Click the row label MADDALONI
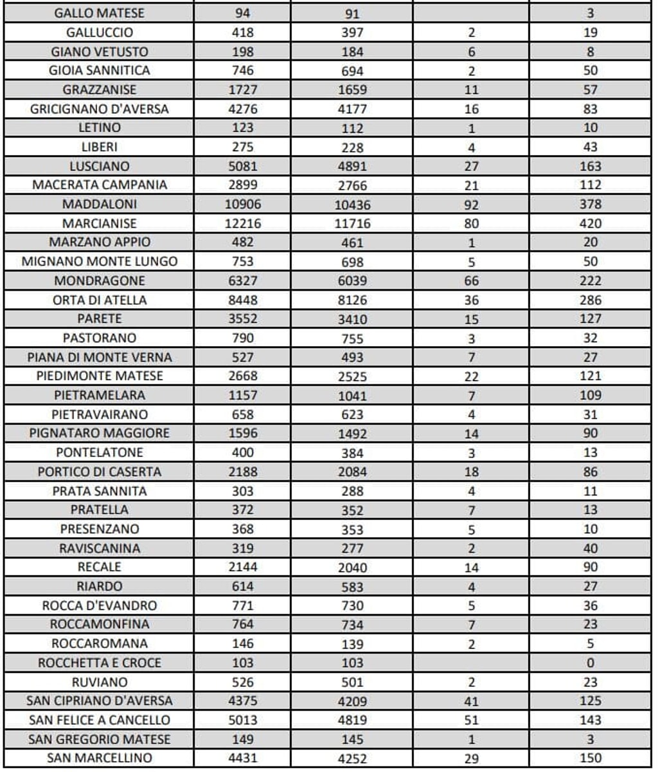[100, 204]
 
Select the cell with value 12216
[242, 223]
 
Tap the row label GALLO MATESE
[100, 13]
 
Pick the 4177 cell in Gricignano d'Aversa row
[352, 109]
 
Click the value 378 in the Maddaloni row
[590, 204]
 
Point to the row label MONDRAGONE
[100, 280]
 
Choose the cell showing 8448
[242, 300]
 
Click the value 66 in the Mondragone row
[471, 281]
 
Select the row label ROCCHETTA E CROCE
[100, 663]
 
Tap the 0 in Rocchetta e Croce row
[590, 663]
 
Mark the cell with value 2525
[352, 377]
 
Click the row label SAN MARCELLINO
[100, 758]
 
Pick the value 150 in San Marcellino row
[590, 758]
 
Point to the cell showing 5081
[242, 166]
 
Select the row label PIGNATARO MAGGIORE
[100, 433]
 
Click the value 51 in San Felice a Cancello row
[471, 721]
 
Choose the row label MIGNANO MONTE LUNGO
[100, 261]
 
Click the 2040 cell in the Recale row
[352, 568]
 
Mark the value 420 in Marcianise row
[590, 223]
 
